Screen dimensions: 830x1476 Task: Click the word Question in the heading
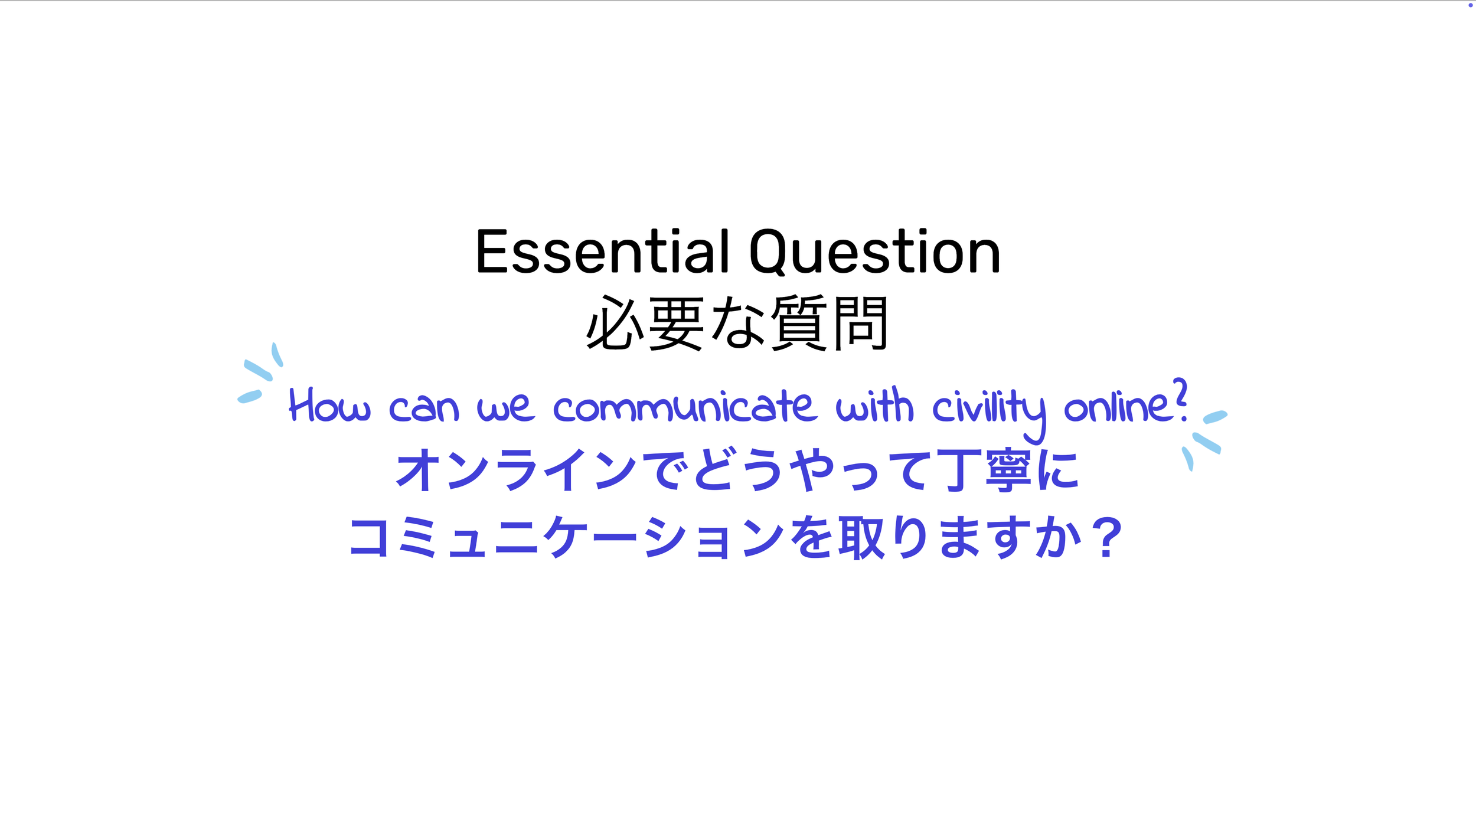(x=874, y=252)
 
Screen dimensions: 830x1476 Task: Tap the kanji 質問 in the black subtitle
(x=830, y=323)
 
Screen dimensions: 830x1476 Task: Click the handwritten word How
(x=329, y=407)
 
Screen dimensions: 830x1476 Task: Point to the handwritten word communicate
(x=685, y=407)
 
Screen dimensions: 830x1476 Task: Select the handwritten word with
(x=874, y=406)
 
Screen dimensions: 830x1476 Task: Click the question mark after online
(x=1180, y=400)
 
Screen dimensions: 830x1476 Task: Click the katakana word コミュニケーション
(x=567, y=538)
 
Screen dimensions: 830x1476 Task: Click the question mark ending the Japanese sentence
(x=1106, y=538)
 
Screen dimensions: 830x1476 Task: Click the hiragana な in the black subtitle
(x=738, y=323)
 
